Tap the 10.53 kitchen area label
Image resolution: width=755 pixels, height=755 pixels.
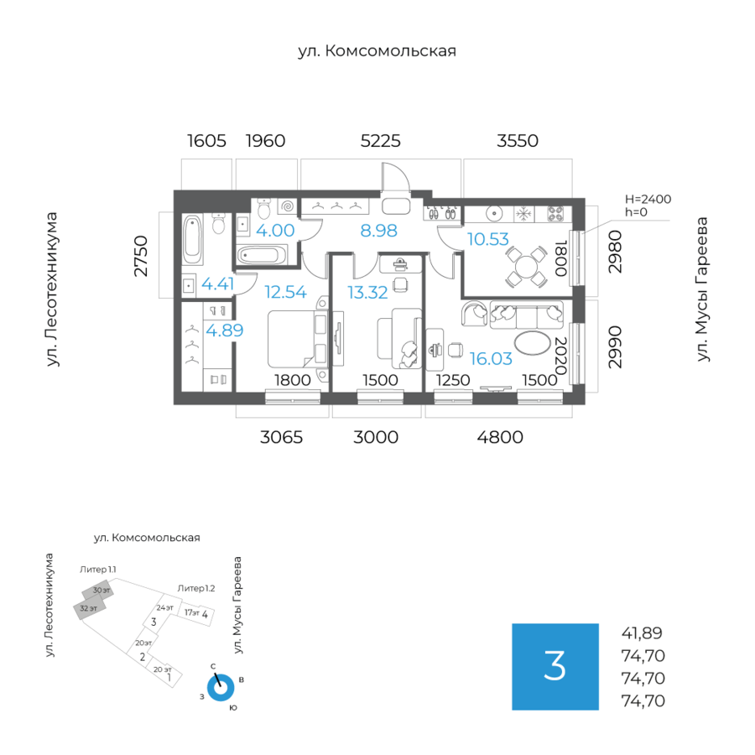(x=488, y=239)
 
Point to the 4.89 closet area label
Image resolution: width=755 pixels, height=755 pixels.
(x=225, y=330)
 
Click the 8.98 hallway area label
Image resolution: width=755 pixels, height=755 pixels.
(x=378, y=231)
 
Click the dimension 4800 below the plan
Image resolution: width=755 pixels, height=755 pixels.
(x=500, y=436)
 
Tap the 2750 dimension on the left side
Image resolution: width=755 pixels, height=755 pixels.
(x=140, y=257)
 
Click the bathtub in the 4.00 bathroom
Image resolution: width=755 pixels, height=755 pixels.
(x=262, y=254)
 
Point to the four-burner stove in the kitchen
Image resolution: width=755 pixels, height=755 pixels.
(x=555, y=213)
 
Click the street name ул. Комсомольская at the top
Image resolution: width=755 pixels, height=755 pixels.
(x=377, y=51)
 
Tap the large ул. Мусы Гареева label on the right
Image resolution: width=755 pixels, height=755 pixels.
(x=703, y=290)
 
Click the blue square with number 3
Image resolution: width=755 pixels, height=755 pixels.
(x=555, y=667)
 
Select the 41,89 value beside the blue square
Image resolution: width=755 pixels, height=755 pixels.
(x=643, y=633)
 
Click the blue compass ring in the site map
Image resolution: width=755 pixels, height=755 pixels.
(x=221, y=687)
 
